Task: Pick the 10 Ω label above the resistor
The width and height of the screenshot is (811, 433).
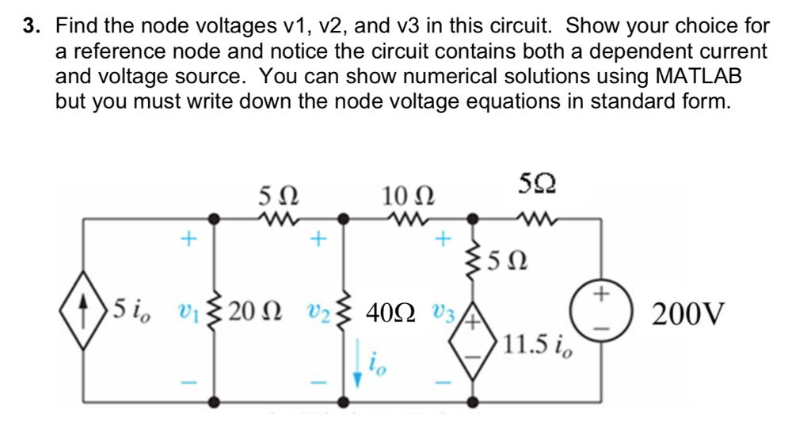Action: pyautogui.click(x=408, y=196)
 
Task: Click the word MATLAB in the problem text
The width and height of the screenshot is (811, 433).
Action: pyautogui.click(x=699, y=76)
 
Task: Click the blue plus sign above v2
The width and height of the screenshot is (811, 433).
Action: pyautogui.click(x=318, y=239)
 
